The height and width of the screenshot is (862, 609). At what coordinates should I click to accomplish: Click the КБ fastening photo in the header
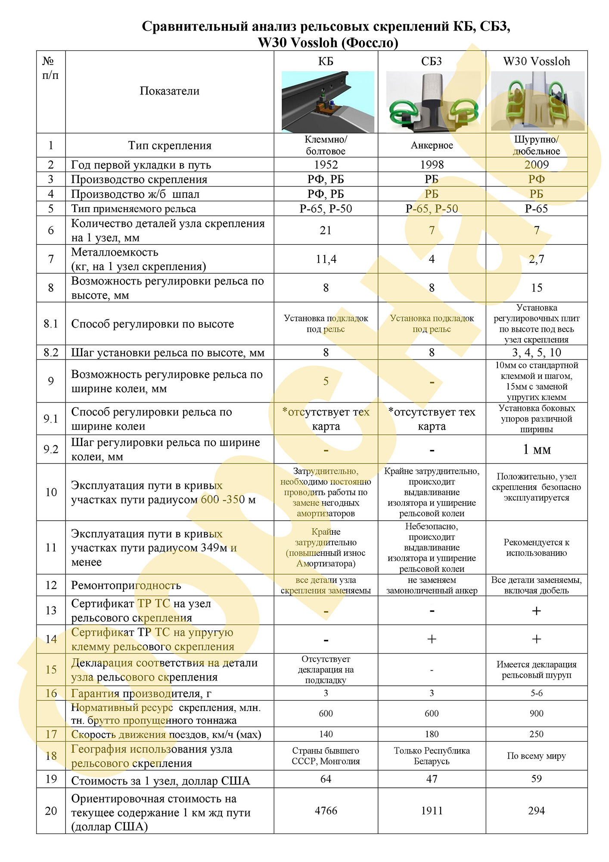click(x=327, y=102)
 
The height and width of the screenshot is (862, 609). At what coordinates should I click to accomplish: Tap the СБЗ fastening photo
click(x=432, y=102)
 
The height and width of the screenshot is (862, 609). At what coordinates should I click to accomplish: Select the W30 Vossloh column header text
click(x=537, y=61)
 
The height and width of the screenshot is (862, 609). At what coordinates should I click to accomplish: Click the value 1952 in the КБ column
click(x=326, y=165)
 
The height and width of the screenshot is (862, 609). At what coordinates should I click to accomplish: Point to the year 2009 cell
click(x=537, y=165)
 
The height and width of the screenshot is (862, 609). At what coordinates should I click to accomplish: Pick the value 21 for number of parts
click(x=326, y=231)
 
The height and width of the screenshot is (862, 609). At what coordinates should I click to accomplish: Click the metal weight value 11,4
click(x=326, y=259)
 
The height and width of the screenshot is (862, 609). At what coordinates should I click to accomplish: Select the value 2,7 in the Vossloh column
click(x=537, y=259)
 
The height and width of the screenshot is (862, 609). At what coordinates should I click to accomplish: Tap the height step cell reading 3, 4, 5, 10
click(x=537, y=353)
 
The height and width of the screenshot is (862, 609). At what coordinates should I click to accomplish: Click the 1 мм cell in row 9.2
click(x=537, y=450)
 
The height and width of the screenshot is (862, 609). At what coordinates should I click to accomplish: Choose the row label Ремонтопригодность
click(x=126, y=585)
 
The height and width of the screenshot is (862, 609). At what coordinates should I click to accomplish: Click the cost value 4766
click(x=326, y=811)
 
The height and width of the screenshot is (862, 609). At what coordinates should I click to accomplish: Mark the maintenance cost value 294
click(x=537, y=811)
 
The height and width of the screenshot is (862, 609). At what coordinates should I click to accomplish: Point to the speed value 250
click(x=537, y=734)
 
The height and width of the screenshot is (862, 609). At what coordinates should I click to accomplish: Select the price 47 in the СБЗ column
click(x=432, y=779)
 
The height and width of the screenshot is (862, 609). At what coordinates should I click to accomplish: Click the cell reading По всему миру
click(x=537, y=756)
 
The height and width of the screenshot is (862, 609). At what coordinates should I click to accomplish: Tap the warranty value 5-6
click(x=537, y=693)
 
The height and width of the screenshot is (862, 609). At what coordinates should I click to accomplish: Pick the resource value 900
click(x=537, y=713)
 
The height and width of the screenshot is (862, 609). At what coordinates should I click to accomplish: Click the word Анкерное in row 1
click(x=432, y=145)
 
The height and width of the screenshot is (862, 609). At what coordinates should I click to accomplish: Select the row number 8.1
click(x=51, y=324)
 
